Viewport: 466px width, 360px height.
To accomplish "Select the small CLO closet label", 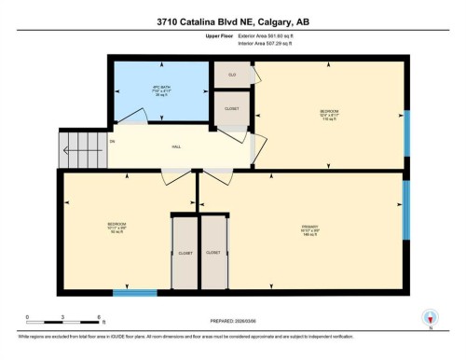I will (232, 73).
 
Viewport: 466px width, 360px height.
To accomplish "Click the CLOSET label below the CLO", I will (232, 108).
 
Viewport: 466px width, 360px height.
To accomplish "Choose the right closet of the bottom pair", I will (213, 252).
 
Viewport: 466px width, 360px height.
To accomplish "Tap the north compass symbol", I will (430, 317).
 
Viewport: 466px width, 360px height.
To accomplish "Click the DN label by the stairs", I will (112, 142).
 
